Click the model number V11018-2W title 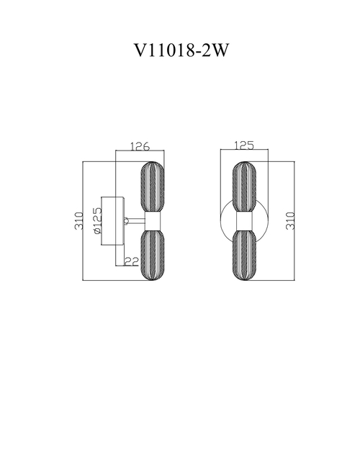coord(181,50)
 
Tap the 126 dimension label coord(140,146)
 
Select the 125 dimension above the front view coord(244,145)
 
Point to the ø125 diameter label coord(98,221)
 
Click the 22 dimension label coord(132,261)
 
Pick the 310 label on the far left coord(79,221)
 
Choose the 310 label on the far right coord(291,221)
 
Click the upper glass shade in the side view coord(153,186)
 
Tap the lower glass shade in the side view coord(153,255)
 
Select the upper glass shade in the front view coord(244,186)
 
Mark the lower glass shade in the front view coord(244,255)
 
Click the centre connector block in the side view coord(153,221)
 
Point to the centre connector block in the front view coord(244,221)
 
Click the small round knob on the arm coord(126,221)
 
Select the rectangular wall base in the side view coord(113,221)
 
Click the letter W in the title coord(220,50)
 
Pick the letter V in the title coord(140,50)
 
